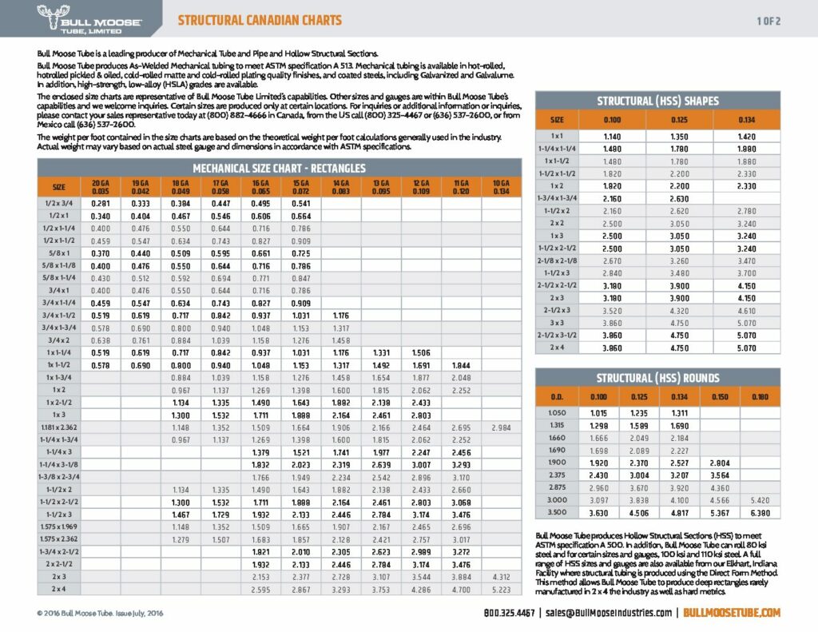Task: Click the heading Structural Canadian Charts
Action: click(259, 20)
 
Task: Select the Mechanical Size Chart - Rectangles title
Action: click(279, 168)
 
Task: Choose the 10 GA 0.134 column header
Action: click(501, 188)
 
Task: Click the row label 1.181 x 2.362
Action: click(59, 427)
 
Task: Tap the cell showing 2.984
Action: click(501, 427)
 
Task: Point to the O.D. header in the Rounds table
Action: click(557, 395)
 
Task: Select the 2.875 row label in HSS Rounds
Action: click(557, 486)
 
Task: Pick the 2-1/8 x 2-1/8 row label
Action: click(557, 260)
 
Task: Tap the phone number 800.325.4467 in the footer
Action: click(510, 613)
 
